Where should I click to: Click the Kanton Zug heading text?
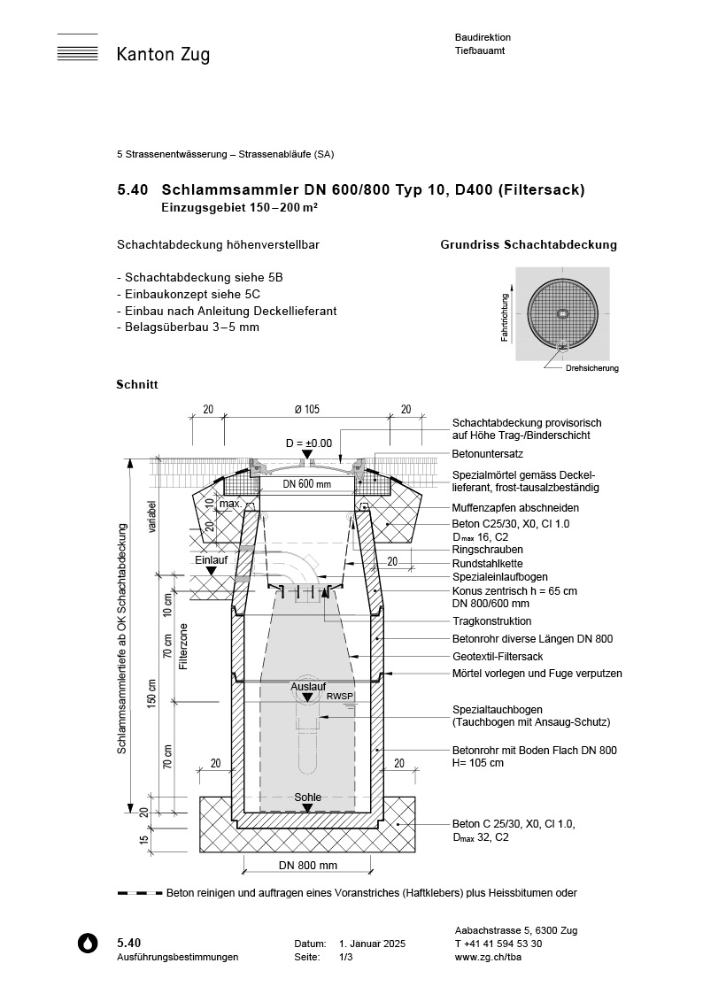coord(163,55)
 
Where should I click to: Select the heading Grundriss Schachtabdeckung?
coord(529,245)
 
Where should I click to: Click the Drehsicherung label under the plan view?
coord(592,368)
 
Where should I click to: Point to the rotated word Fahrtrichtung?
coord(505,318)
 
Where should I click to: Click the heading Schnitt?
coord(137,385)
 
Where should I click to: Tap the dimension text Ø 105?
coord(306,409)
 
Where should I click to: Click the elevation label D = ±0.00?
coord(308,442)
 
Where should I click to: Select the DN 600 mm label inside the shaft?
coord(306,484)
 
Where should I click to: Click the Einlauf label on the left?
coord(211,559)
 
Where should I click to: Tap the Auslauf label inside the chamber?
coord(306,686)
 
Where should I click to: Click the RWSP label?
coord(340,697)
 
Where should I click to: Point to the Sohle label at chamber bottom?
coord(307,798)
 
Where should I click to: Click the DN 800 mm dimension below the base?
coord(306,865)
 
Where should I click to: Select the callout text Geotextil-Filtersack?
coord(497,656)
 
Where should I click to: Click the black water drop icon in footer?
coord(89,944)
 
